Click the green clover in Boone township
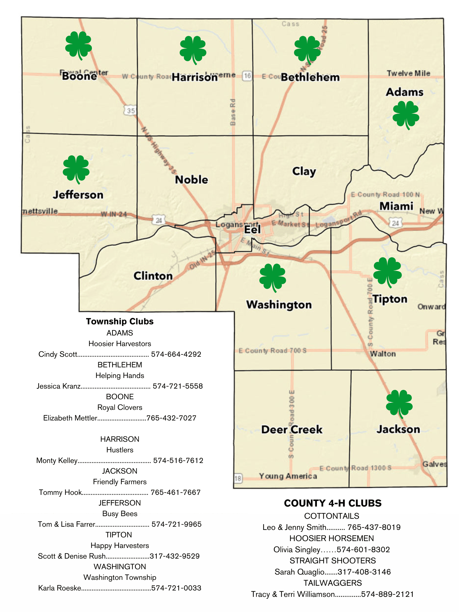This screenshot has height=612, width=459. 78,45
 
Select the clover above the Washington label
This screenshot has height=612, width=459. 273,277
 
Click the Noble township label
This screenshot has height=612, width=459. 192,180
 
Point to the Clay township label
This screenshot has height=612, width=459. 304,171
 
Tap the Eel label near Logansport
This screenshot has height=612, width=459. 252,229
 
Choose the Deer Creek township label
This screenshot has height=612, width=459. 292,430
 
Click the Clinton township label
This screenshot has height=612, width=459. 153,276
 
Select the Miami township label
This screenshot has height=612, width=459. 396,206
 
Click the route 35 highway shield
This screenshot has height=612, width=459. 131,111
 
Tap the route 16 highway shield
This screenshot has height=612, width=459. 247,75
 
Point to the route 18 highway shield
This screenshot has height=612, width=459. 238,478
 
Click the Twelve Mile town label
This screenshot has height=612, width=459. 408,73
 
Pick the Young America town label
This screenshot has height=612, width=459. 288,476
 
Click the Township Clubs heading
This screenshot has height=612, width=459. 120,321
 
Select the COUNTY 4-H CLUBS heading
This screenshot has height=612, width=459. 333,503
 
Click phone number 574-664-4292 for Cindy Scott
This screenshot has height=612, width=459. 176,354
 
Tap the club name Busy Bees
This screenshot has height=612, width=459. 120,513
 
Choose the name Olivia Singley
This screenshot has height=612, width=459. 297,550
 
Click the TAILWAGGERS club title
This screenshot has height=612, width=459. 333,583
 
